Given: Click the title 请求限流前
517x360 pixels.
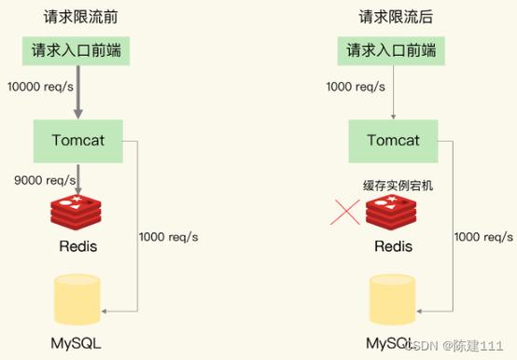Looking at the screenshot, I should pyautogui.click(x=81, y=18).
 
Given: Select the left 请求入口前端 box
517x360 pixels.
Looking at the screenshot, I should pyautogui.click(x=79, y=50).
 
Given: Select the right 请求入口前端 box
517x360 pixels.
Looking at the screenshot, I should pyautogui.click(x=393, y=50).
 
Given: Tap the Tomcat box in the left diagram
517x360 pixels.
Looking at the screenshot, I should pyautogui.click(x=79, y=141).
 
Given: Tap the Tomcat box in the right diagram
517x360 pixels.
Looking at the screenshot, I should pyautogui.click(x=393, y=141).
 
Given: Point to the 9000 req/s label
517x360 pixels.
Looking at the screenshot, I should pyautogui.click(x=37, y=178).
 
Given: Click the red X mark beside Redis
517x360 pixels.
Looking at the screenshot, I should pyautogui.click(x=346, y=214).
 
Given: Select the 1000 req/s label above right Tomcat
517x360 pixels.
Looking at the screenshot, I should pyautogui.click(x=353, y=87).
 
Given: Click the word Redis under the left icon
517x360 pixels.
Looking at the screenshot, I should pyautogui.click(x=79, y=248).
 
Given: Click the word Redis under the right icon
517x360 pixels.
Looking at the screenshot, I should pyautogui.click(x=393, y=248).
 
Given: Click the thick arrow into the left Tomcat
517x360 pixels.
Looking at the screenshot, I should pyautogui.click(x=79, y=93).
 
